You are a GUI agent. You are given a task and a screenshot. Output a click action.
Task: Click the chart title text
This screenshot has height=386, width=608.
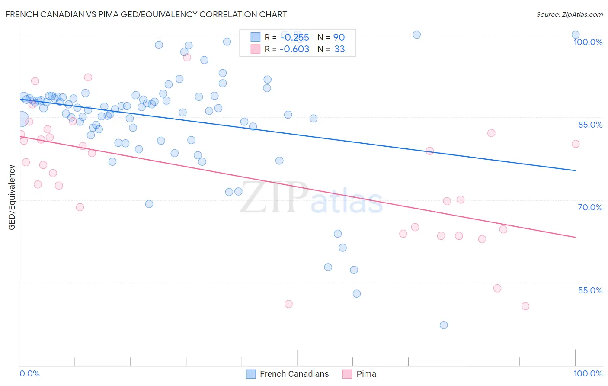tap(146, 14)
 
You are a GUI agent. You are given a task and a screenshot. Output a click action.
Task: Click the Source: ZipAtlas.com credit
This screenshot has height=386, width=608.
tap(569, 15)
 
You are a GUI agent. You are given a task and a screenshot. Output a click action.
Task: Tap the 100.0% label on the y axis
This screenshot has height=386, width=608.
tap(588, 42)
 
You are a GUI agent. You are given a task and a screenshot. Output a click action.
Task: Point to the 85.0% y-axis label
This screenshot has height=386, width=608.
tap(590, 125)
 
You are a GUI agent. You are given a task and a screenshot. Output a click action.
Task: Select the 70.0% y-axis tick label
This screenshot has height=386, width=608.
tap(590, 207)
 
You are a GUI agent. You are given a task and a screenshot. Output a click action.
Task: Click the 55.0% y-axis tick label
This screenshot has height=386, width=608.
tap(590, 290)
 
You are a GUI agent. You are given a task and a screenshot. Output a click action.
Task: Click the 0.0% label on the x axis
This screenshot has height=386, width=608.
tap(29, 373)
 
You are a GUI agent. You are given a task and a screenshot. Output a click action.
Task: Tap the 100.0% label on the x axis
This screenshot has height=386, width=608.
tap(588, 373)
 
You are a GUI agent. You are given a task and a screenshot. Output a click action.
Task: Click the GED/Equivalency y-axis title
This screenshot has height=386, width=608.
tap(12, 197)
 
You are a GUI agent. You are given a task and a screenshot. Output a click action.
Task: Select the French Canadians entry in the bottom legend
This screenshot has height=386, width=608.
tap(294, 374)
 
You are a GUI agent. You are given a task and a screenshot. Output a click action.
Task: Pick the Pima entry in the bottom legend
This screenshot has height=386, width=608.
tap(366, 374)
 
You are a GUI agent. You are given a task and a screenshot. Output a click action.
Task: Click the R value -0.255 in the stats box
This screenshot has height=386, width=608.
tap(294, 38)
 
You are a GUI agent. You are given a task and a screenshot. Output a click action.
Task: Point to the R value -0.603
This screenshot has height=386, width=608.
tap(294, 49)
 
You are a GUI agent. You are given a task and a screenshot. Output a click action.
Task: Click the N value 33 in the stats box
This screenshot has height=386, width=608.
tap(339, 49)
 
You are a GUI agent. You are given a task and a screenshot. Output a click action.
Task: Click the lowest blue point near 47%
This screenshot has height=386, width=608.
tap(444, 325)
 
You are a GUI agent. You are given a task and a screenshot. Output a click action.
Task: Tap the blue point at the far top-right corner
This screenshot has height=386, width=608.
tap(576, 35)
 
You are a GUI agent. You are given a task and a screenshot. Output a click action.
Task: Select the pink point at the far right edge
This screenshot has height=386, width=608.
tap(576, 144)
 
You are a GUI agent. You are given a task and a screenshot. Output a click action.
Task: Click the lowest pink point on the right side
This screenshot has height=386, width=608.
tap(525, 306)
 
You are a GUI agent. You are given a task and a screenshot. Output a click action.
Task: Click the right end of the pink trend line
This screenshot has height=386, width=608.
tap(576, 237)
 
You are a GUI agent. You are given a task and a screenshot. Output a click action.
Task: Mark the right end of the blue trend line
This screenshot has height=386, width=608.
tap(576, 170)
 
